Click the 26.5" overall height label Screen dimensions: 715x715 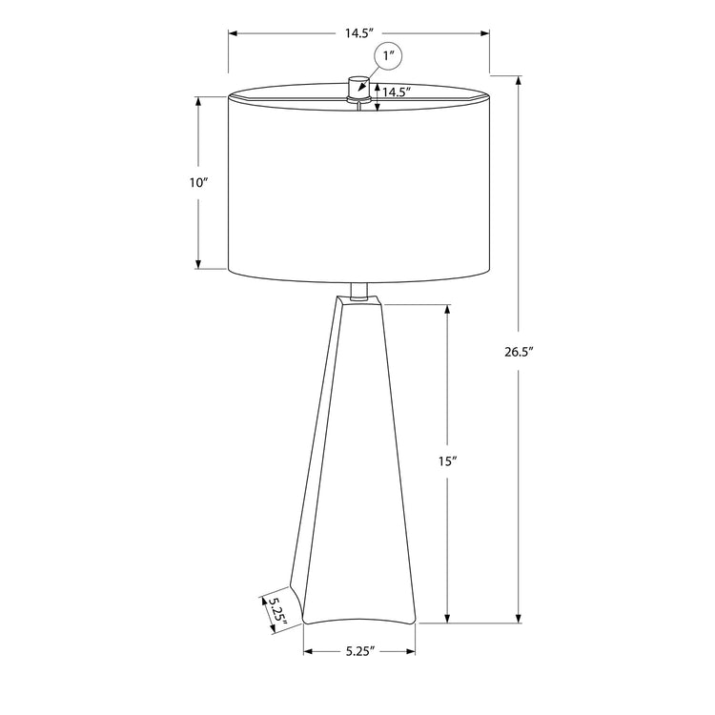(x=519, y=352)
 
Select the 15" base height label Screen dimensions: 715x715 (x=448, y=461)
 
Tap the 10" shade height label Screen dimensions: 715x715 (x=197, y=183)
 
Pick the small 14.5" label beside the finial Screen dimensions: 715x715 (x=397, y=92)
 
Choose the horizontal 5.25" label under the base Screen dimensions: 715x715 (x=359, y=652)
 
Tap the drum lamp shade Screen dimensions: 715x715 (x=358, y=186)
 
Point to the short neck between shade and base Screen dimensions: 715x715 (x=358, y=293)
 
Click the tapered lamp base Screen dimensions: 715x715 (x=357, y=458)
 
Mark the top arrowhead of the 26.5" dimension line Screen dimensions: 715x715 (x=519, y=78)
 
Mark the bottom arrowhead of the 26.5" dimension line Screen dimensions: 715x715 (x=519, y=620)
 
